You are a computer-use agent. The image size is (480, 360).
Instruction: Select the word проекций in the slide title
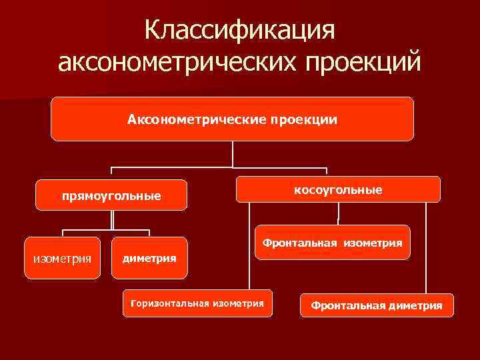pyautogui.click(x=363, y=63)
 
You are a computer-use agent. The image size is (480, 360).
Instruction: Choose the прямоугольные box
pyautogui.click(x=111, y=196)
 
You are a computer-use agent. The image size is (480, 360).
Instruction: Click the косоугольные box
pyautogui.click(x=339, y=190)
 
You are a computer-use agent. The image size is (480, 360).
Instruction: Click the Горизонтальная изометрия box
pyautogui.click(x=197, y=304)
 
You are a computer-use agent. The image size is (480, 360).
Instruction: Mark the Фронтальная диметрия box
pyautogui.click(x=376, y=305)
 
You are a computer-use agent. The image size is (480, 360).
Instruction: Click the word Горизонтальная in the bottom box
pyautogui.click(x=170, y=304)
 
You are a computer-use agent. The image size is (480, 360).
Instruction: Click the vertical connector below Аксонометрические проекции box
pyautogui.click(x=233, y=153)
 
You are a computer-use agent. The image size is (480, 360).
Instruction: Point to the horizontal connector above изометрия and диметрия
pyautogui.click(x=106, y=230)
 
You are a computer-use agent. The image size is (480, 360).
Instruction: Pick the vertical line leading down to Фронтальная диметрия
pyautogui.click(x=425, y=247)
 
